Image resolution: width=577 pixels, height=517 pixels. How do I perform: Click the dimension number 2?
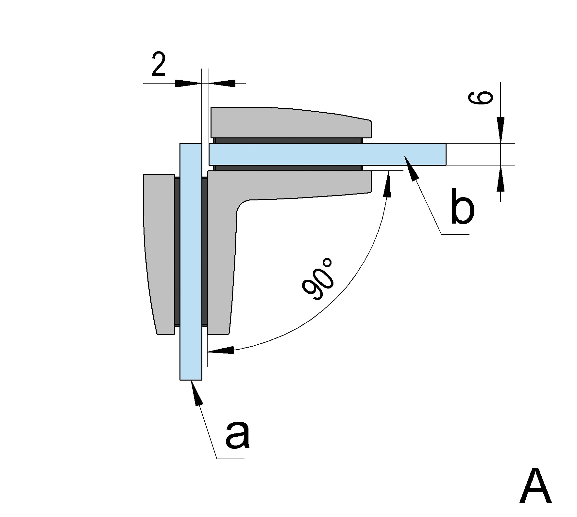click(159, 65)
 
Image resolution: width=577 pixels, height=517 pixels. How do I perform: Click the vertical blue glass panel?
click(191, 261)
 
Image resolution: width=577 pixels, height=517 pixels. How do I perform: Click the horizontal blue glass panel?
click(327, 154)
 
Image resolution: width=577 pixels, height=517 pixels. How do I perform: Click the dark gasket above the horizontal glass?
click(288, 141)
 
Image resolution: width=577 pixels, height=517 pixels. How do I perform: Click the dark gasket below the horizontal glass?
click(288, 168)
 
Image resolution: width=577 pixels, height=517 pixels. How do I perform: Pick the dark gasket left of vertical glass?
click(177, 251)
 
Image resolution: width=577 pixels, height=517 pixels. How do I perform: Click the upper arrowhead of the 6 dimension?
click(501, 129)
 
